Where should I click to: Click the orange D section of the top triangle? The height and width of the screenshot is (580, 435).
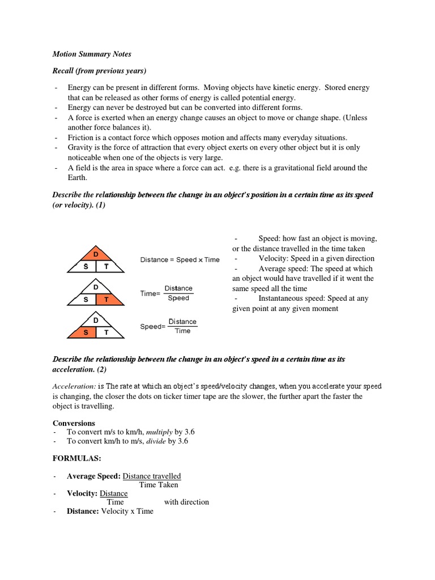coord(96,253)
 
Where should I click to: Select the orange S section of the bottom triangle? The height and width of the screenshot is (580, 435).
coord(85,332)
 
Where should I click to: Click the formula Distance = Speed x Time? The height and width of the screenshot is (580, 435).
coord(180,259)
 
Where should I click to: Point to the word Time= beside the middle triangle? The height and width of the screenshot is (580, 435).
coord(150,293)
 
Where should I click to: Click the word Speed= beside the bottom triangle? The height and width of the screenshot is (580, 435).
coord(152,327)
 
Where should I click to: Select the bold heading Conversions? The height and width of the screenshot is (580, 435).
coord(74,423)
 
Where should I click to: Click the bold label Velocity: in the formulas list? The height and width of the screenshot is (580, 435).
coord(82,493)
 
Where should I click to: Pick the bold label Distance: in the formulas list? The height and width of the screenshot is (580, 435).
coord(83,511)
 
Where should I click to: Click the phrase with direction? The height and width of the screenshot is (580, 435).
coord(186,502)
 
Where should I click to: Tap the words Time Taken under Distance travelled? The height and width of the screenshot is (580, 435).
coord(159,484)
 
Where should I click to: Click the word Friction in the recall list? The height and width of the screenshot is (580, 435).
coord(81,138)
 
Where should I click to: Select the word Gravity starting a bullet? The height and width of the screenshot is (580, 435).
coord(80,147)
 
